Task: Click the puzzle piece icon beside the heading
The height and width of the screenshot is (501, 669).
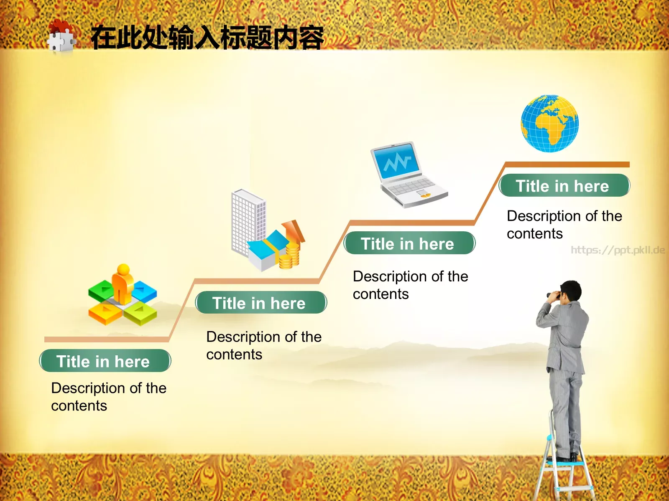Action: pos(61,37)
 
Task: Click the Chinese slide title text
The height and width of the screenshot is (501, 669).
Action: pos(207,38)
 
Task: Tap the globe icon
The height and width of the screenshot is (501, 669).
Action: pos(549,124)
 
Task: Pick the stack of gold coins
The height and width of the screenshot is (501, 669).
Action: pos(289,256)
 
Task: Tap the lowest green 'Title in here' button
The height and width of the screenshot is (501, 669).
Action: pos(105,361)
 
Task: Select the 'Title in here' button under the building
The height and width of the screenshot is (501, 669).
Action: pos(261,303)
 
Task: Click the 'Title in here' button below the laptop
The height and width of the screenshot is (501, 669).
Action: pos(409,243)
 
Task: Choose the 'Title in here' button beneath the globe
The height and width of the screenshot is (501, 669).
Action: pos(564,186)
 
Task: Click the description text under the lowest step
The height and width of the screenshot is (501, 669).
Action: pos(108,397)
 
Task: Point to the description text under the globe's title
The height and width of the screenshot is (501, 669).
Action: pos(564,225)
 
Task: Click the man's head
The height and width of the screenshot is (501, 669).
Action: pos(571,291)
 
